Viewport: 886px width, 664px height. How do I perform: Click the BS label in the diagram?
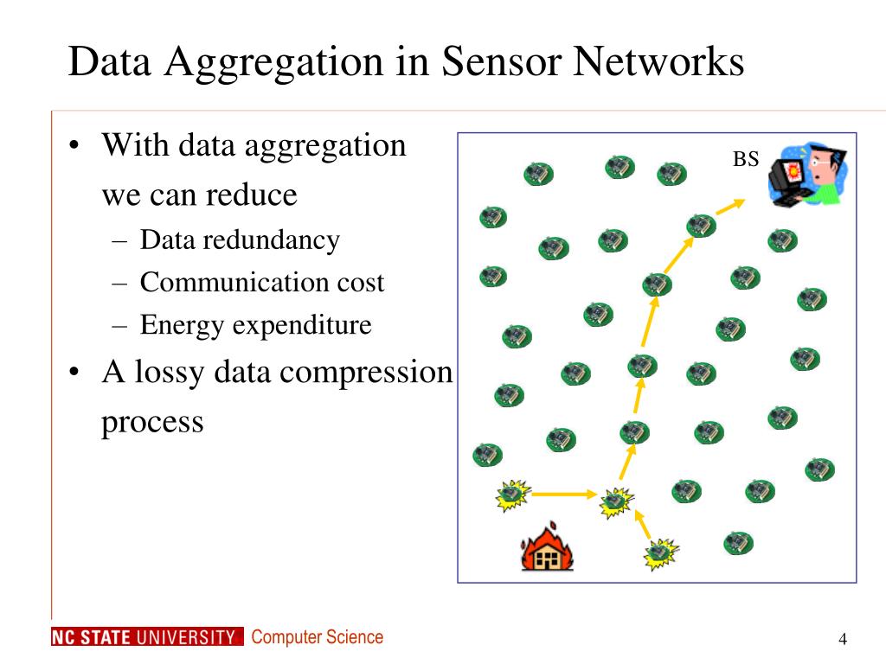(x=745, y=159)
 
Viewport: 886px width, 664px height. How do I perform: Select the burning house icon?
(x=547, y=546)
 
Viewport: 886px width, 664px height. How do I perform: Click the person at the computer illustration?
(x=807, y=174)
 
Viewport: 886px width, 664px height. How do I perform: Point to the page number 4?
(x=843, y=639)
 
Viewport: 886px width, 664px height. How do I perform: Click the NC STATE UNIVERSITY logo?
(x=147, y=636)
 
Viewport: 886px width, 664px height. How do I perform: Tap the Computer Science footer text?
(x=317, y=637)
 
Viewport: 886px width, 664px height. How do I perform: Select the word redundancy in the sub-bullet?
(x=271, y=240)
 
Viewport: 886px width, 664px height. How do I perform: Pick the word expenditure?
(x=302, y=325)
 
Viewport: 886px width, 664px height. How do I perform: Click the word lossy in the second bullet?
(x=169, y=373)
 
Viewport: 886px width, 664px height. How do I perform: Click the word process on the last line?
(x=152, y=423)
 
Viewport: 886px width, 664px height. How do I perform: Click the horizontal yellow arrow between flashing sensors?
(x=564, y=495)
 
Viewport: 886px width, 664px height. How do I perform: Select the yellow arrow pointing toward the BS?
(x=730, y=207)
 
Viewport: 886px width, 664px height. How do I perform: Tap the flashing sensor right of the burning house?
(x=661, y=554)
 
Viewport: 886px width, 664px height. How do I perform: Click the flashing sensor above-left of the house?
(x=513, y=495)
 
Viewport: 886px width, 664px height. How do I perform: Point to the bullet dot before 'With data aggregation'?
(x=74, y=145)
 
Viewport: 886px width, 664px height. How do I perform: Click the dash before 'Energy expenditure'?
(x=119, y=326)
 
